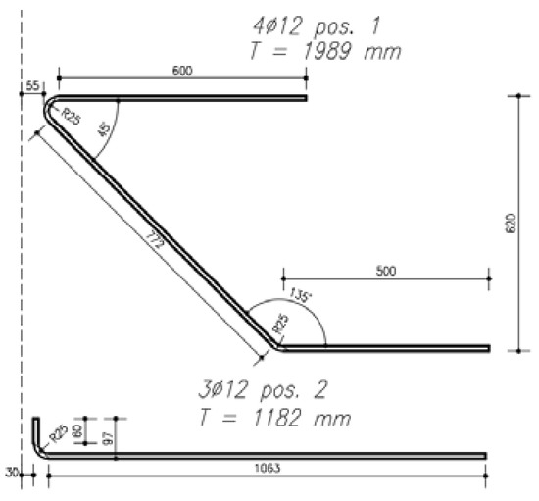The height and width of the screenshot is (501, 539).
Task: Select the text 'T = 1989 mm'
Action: click(x=314, y=49)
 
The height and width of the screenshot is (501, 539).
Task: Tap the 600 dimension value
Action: click(x=181, y=70)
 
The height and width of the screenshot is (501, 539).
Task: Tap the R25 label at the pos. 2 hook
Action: click(x=58, y=435)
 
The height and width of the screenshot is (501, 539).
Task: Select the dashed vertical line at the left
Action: click(x=21, y=245)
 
